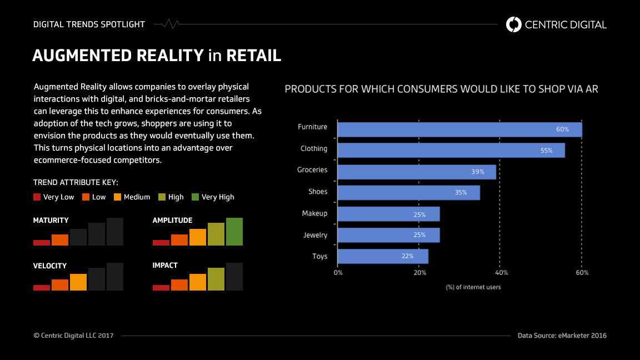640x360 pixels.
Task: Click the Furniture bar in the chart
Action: point(459,129)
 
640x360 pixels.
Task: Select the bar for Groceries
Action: point(417,172)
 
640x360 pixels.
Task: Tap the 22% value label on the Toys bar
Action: point(407,257)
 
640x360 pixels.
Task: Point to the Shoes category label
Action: point(318,192)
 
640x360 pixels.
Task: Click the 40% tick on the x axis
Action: point(501,273)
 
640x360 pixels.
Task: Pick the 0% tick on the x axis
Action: point(338,273)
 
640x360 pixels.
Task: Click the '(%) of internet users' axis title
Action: point(473,287)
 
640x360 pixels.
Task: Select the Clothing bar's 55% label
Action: point(546,151)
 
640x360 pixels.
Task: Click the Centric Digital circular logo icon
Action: point(514,24)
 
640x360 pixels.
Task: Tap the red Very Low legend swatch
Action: point(37,197)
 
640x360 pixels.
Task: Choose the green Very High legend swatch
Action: point(195,197)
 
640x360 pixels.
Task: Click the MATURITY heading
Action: point(51,221)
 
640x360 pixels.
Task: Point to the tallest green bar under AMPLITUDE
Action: point(234,232)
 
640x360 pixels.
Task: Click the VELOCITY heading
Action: point(49,266)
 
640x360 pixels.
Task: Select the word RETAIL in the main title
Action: point(253,56)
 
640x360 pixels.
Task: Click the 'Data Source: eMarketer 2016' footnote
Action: point(562,336)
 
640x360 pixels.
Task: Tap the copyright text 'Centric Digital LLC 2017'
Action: point(73,336)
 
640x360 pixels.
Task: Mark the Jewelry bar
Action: point(388,235)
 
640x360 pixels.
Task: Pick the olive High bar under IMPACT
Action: point(216,279)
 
